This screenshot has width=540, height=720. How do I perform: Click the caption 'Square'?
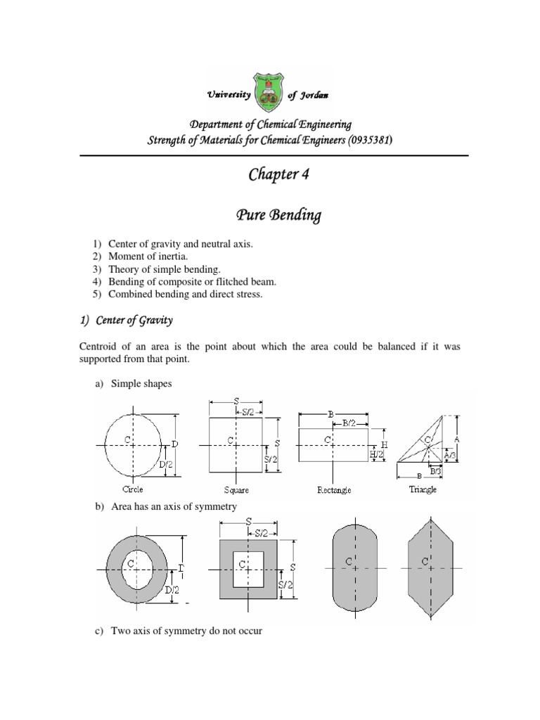click(x=234, y=490)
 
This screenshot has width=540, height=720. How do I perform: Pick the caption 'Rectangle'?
click(x=334, y=490)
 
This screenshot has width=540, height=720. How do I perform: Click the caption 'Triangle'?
click(x=423, y=489)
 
